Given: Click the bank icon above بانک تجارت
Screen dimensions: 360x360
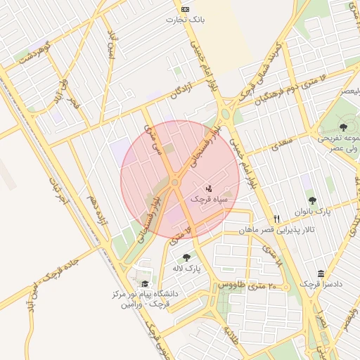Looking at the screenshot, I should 185,9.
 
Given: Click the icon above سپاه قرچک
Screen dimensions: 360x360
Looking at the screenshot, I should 208,188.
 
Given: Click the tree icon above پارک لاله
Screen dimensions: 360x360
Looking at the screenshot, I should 186,257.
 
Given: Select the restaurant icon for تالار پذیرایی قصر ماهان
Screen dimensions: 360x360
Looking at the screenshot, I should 277,219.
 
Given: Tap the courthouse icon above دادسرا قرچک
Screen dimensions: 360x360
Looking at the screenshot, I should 321,274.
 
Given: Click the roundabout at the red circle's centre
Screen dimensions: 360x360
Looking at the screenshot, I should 174,182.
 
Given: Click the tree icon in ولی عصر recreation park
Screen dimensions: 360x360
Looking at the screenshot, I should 342,127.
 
